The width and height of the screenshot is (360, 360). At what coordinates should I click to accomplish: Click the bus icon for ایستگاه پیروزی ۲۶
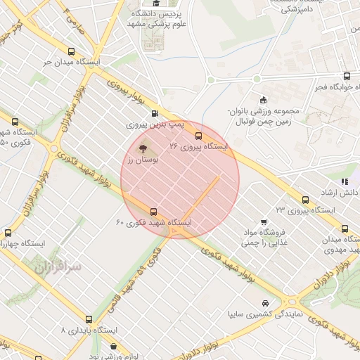199,135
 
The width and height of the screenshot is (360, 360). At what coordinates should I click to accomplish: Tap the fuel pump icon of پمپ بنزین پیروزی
155,112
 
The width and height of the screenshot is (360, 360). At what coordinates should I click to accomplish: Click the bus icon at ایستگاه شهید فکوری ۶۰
154,211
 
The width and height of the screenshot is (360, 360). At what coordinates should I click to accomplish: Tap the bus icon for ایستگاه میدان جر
71,51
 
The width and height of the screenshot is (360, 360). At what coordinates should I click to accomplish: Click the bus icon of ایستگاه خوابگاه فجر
346,76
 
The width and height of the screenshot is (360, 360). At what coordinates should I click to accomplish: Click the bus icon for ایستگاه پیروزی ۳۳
304,200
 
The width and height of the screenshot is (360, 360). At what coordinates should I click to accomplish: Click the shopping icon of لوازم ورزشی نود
114,346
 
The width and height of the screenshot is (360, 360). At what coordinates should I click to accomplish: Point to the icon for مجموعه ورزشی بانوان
263,99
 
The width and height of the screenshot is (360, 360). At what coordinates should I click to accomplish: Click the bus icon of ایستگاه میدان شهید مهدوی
344,228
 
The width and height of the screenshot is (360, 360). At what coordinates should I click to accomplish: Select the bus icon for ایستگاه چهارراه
8,233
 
